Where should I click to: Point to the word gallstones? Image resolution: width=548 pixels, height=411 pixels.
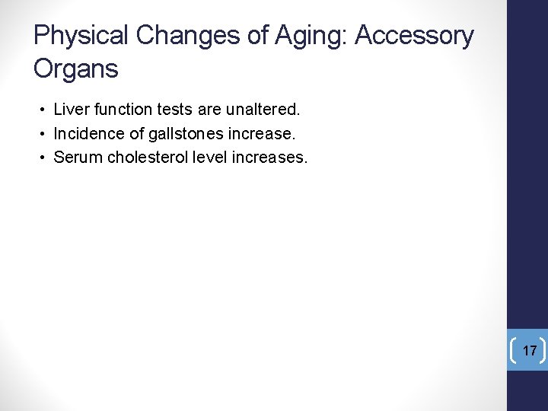[x=174, y=134]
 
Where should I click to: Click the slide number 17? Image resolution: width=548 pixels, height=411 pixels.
[x=530, y=351]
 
